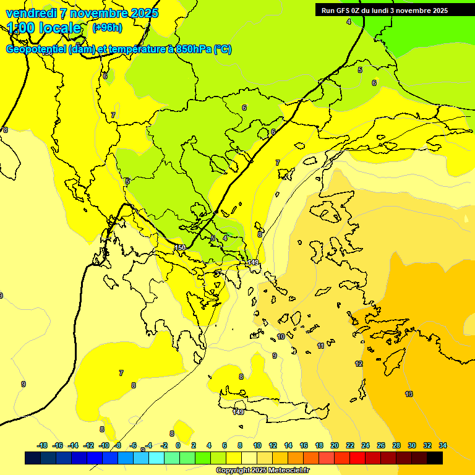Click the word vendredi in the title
coord(30,13)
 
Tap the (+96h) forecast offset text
coord(107,27)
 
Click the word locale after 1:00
coord(60,28)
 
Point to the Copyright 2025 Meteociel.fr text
coord(262,470)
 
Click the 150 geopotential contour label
coord(180,247)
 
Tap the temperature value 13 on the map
coord(409,394)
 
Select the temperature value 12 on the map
coord(359,364)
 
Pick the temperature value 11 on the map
coord(320,346)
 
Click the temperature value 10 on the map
coord(281,336)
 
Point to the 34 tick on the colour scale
coord(443,445)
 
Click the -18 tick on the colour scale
coord(42,445)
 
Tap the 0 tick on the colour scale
coord(178,445)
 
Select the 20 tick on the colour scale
coord(334,445)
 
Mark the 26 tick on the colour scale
coord(381,445)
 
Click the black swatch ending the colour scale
coord(435,458)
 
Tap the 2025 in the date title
coord(144,13)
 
